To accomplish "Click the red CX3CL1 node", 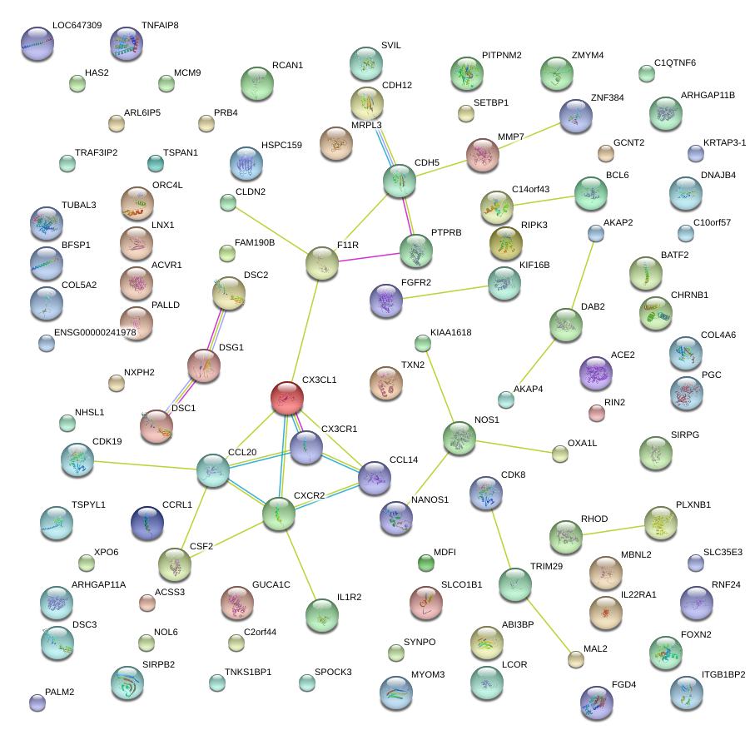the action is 286,397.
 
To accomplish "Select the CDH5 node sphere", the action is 400,180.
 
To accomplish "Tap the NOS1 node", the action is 459,436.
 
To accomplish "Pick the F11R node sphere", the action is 322,262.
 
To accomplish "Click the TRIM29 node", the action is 514,585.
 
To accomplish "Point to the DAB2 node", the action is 566,324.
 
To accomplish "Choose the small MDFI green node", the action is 426,563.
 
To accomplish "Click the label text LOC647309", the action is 77,26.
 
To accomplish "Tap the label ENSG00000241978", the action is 95,333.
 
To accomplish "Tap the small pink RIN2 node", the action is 596,412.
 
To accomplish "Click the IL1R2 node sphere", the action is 322,614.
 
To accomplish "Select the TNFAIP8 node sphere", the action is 127,43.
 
